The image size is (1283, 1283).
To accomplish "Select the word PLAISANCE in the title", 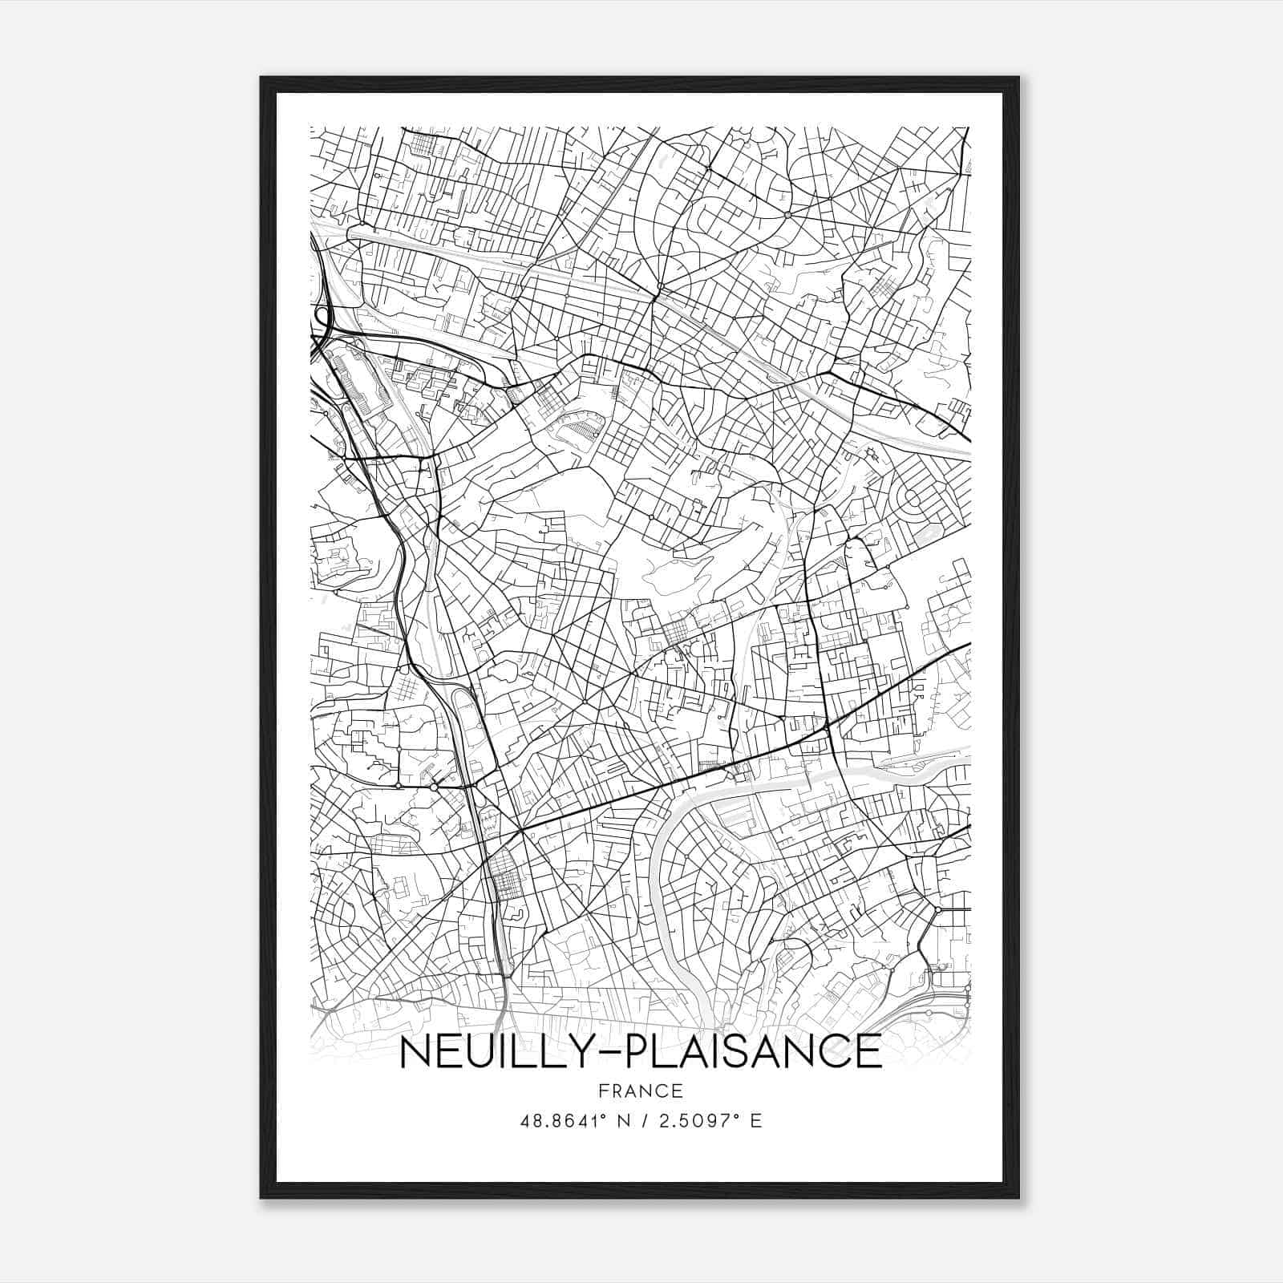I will pyautogui.click(x=753, y=1052).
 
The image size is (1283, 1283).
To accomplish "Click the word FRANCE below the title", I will pyautogui.click(x=640, y=1091).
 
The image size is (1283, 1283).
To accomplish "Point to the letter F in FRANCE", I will pyautogui.click(x=602, y=1091).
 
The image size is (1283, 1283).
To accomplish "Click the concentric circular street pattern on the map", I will pyautogui.click(x=913, y=501).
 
